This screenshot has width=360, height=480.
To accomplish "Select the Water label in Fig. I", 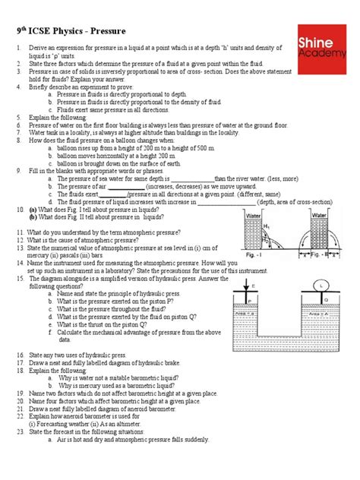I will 254,216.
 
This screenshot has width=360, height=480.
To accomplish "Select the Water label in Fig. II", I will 320,216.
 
